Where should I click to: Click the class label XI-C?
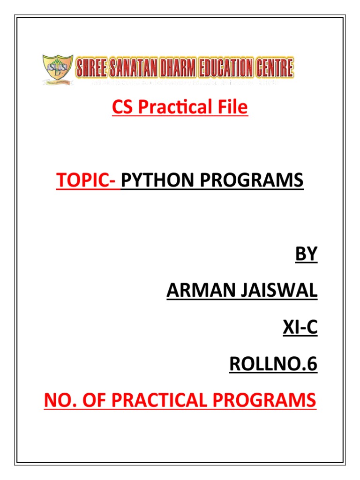[300, 328]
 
